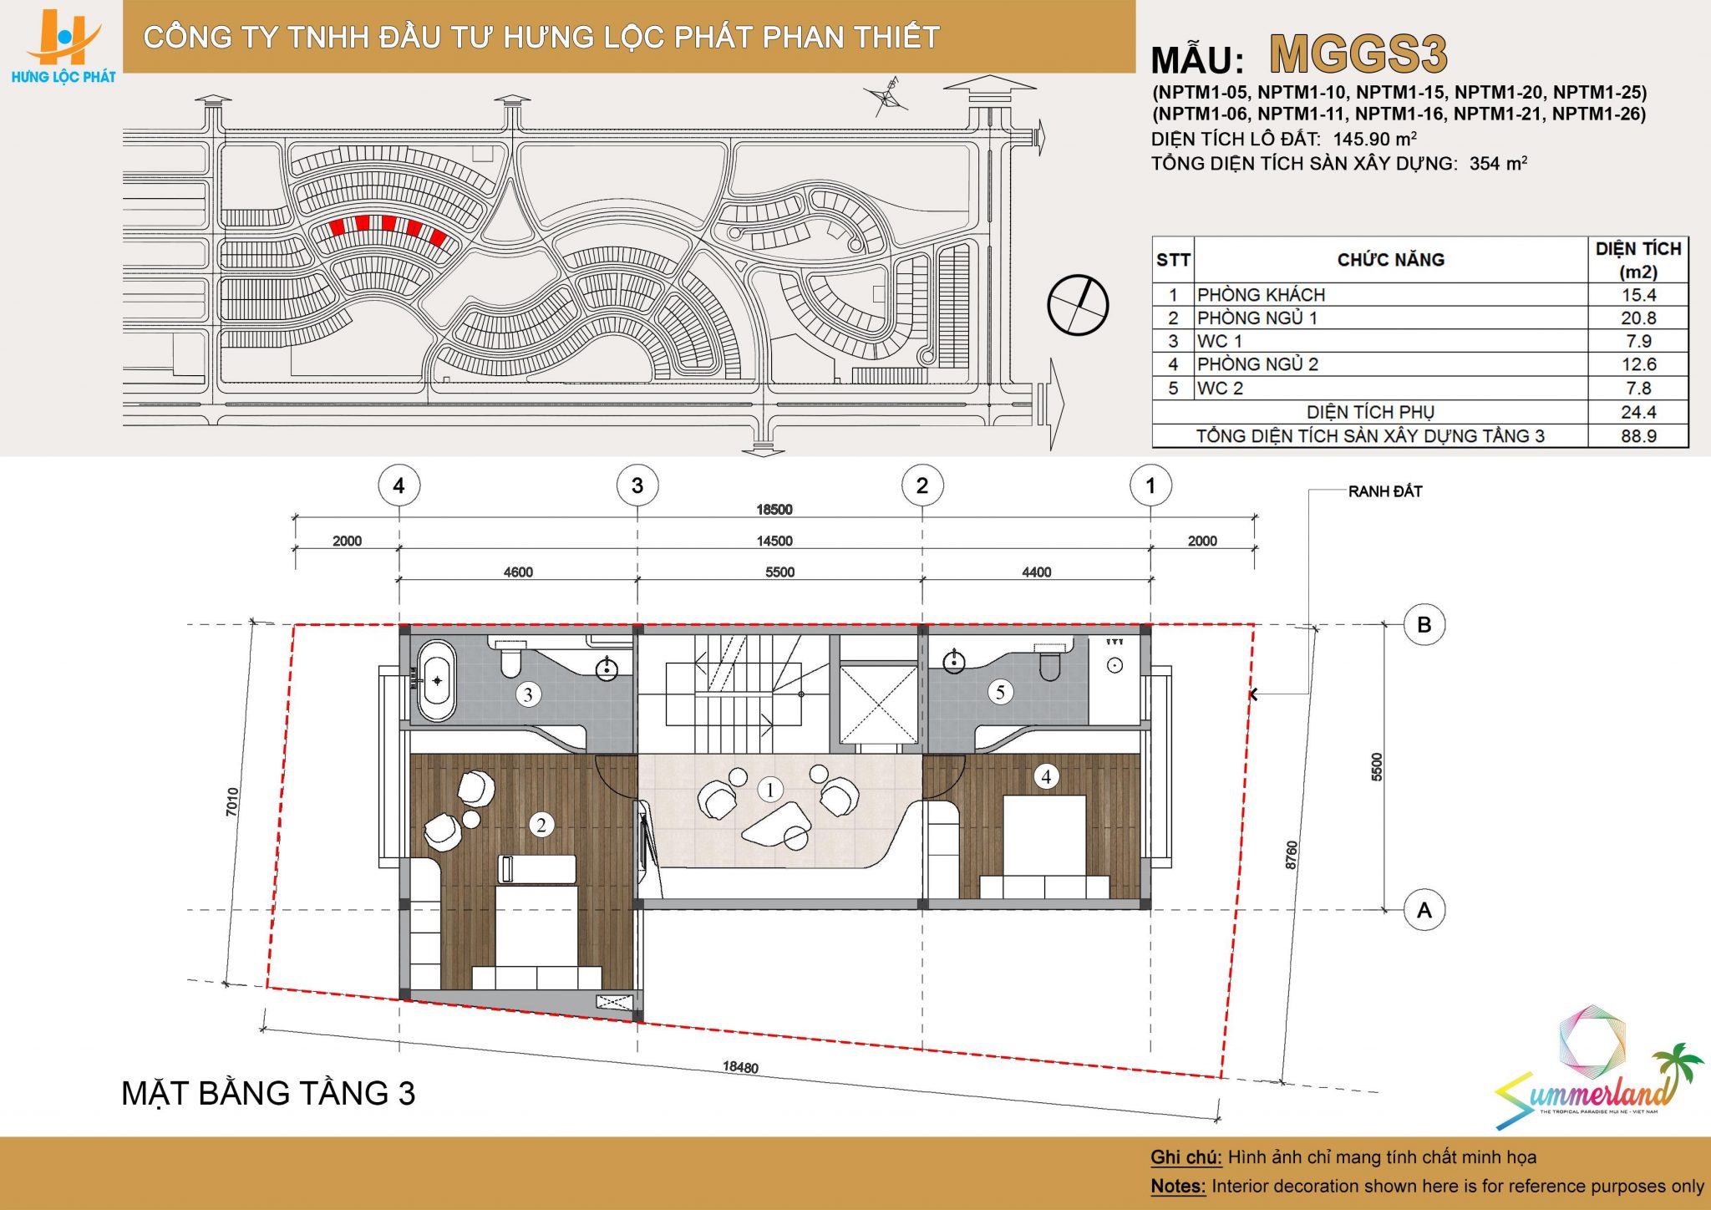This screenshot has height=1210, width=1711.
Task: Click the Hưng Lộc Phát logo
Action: pos(63,46)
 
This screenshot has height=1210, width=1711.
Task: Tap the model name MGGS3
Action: pos(1358,55)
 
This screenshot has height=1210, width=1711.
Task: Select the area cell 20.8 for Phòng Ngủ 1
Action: pos(1638,318)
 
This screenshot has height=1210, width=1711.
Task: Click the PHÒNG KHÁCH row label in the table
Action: pos(1261,295)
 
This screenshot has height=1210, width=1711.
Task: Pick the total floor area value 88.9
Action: pos(1638,436)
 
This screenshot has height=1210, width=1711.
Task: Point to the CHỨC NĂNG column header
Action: pos(1391,260)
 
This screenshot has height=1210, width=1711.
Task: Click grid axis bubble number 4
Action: pos(399,486)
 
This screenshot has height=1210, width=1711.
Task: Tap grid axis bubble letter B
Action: pos(1424,624)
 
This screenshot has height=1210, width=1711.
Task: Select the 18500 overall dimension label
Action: pos(774,510)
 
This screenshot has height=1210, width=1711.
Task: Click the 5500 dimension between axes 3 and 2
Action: pos(779,572)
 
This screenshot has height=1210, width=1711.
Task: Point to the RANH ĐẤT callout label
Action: pos(1385,491)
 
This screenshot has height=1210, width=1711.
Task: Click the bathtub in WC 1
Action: pos(437,680)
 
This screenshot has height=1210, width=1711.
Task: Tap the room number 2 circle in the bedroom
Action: pos(541,826)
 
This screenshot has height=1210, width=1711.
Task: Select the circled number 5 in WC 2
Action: pos(1000,692)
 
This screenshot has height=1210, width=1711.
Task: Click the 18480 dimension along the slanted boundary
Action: pos(740,1067)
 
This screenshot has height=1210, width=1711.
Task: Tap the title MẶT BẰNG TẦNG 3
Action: pos(268,1094)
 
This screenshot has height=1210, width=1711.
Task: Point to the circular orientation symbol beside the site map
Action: pos(1078,304)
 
